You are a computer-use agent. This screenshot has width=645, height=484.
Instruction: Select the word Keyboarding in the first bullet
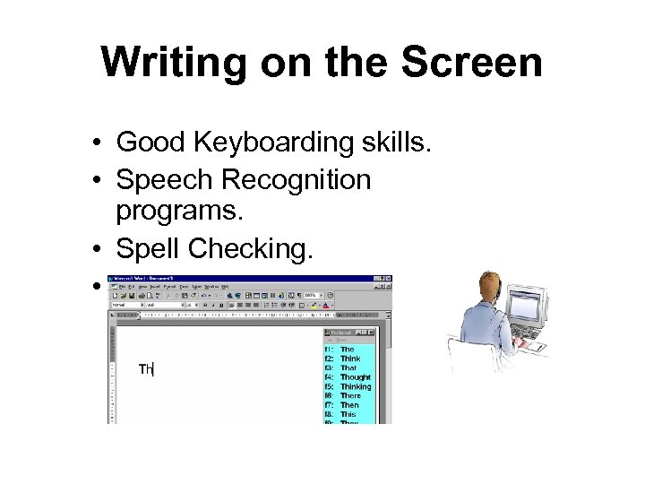(x=287, y=143)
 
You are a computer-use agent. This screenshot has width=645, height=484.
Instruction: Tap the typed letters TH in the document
(x=146, y=369)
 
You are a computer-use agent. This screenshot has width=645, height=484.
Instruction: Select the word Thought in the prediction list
(x=355, y=377)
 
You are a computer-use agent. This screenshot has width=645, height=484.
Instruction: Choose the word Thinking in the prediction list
(x=356, y=386)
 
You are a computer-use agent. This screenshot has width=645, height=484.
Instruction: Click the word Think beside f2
(x=349, y=359)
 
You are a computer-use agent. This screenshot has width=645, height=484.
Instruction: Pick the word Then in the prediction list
(x=348, y=405)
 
